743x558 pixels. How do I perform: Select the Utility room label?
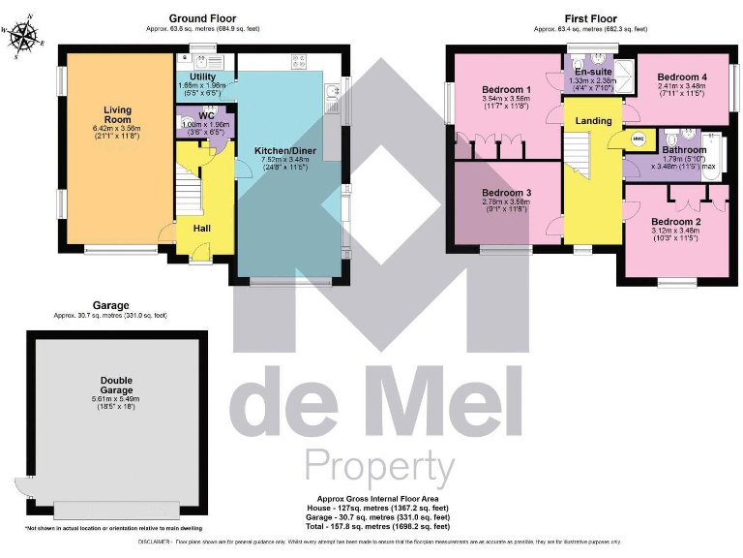click(202, 76)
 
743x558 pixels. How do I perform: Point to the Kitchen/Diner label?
click(282, 151)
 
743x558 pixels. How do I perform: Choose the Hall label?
click(202, 228)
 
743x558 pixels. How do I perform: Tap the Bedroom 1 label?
click(506, 89)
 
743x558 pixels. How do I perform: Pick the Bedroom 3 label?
click(506, 193)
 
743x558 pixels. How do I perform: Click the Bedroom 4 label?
click(682, 77)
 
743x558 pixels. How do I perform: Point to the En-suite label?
click(592, 72)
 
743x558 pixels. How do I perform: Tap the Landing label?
click(593, 120)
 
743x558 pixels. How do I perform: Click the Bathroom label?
click(684, 150)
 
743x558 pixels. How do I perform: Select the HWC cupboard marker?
click(638, 139)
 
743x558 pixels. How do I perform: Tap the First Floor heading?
click(592, 18)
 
